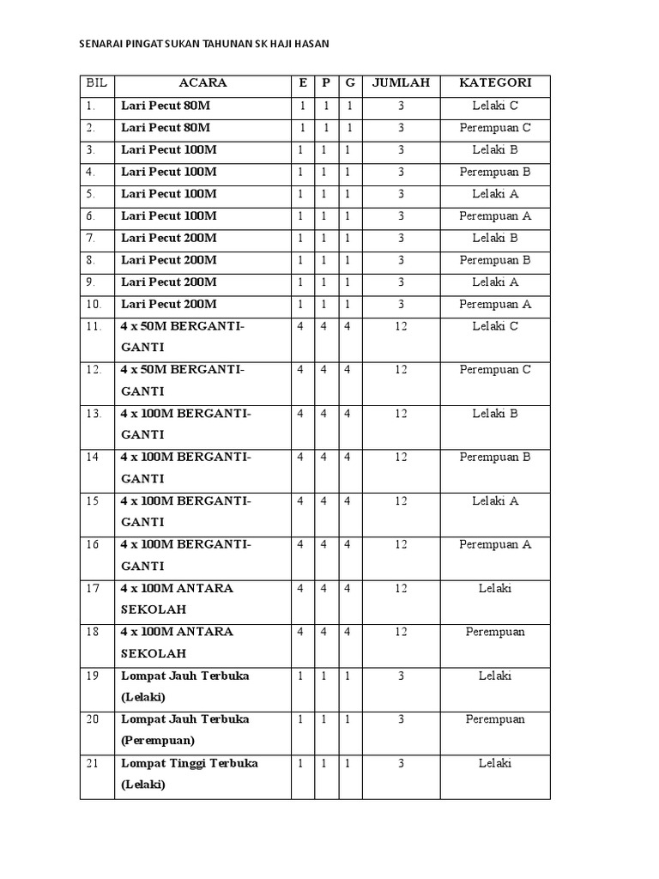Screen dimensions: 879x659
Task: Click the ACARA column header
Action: pyautogui.click(x=203, y=83)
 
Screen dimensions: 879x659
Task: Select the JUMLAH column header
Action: pyautogui.click(x=401, y=83)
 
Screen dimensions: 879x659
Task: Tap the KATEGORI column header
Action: pyautogui.click(x=495, y=83)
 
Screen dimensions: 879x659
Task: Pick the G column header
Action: pyautogui.click(x=350, y=83)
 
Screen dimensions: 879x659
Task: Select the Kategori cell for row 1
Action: pyautogui.click(x=495, y=106)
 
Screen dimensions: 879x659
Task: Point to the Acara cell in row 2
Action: pyautogui.click(x=166, y=128)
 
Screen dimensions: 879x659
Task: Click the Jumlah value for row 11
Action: pyautogui.click(x=401, y=326)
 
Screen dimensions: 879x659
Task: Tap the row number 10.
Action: pyautogui.click(x=94, y=304)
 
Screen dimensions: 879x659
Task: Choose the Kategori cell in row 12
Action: pyautogui.click(x=495, y=370)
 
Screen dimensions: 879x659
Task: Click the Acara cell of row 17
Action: pyautogui.click(x=177, y=599)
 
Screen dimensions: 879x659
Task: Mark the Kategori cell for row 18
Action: pyautogui.click(x=495, y=633)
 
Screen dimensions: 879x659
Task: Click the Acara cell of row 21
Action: pyautogui.click(x=190, y=773)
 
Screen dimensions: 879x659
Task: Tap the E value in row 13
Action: pyautogui.click(x=300, y=414)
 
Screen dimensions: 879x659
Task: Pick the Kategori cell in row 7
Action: pyautogui.click(x=495, y=238)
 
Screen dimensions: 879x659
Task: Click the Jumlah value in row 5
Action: pyautogui.click(x=401, y=194)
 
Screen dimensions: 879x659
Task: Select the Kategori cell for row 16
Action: pyautogui.click(x=495, y=544)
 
